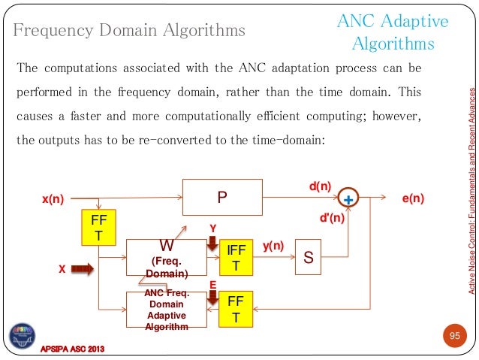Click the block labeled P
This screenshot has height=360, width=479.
pos(222,198)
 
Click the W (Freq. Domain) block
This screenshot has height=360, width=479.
pos(166,258)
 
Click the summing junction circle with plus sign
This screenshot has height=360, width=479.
pos(348,198)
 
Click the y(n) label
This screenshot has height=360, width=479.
pos(273,246)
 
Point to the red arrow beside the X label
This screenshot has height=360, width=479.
pos(81,268)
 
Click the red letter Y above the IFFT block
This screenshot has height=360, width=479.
pos(212,226)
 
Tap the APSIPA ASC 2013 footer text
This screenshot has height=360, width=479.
pos(72,350)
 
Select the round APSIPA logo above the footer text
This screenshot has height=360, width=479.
pos(23,335)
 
